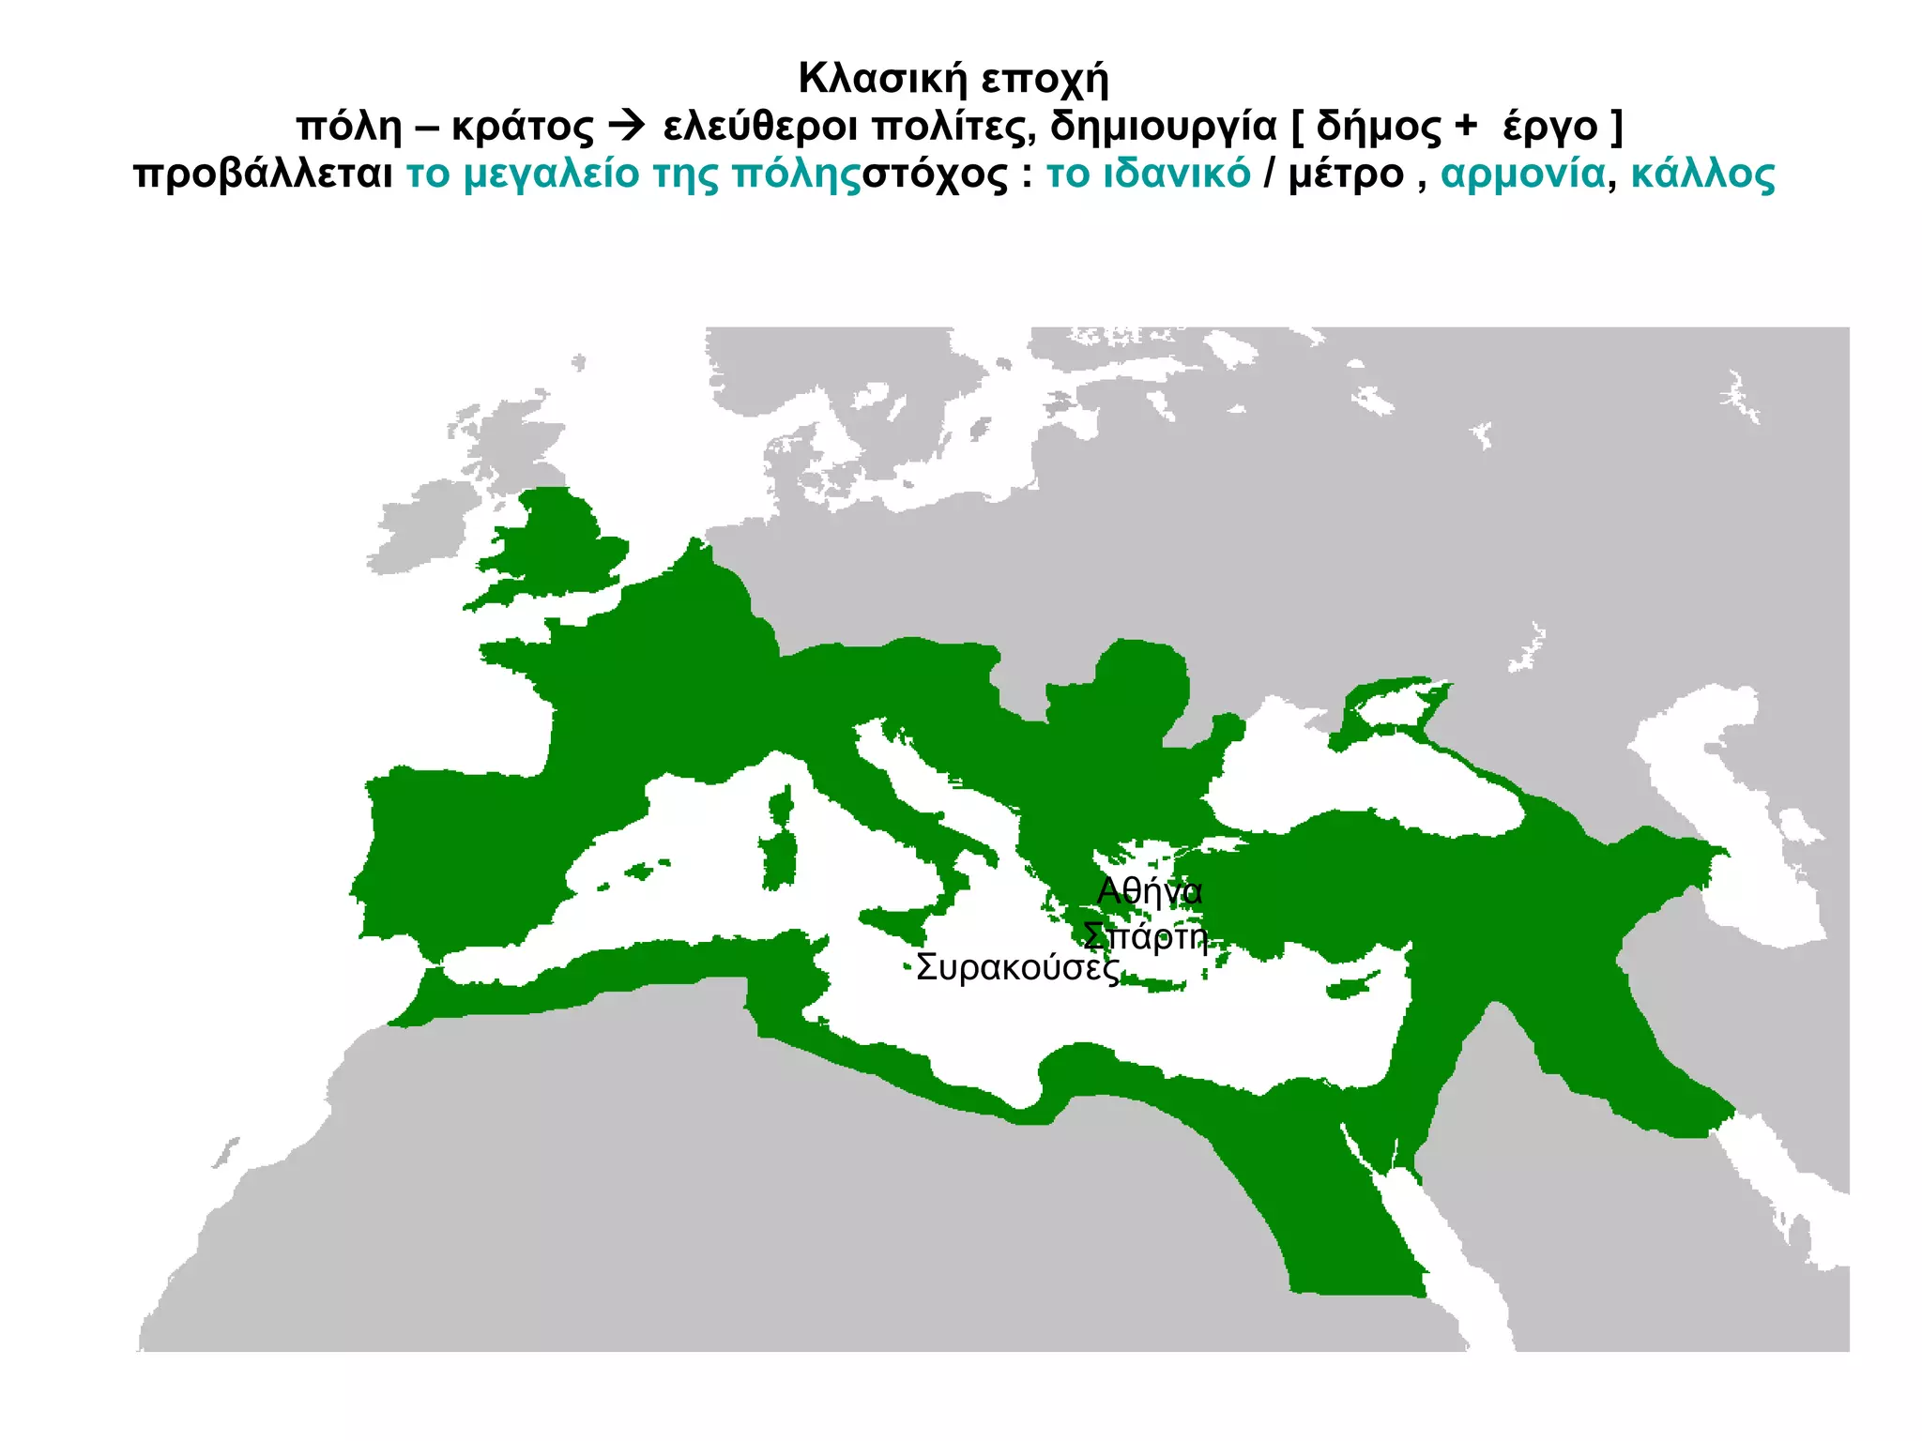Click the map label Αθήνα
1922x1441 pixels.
1149,890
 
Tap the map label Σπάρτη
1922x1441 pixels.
1144,935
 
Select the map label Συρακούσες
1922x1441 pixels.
1017,967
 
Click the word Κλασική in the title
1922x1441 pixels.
882,78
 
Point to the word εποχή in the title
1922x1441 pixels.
1045,80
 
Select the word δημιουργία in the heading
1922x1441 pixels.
1163,127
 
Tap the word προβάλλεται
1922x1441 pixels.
263,174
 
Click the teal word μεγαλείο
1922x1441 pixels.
551,174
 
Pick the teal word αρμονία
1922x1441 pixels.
1522,174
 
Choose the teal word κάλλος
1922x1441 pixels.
1702,174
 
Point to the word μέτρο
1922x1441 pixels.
1346,174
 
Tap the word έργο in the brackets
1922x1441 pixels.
1549,127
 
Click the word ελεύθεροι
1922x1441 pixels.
759,127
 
